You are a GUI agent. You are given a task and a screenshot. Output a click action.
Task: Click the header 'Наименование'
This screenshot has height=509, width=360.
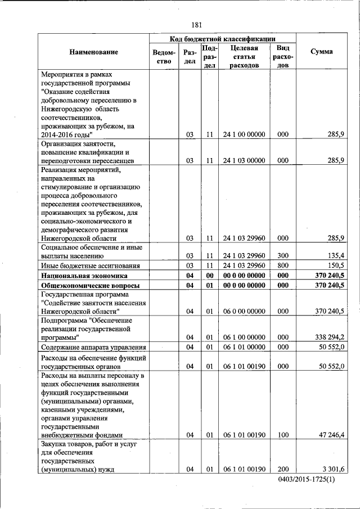click(x=94, y=52)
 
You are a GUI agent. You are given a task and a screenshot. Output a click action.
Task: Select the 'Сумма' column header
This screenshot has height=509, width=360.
click(x=321, y=52)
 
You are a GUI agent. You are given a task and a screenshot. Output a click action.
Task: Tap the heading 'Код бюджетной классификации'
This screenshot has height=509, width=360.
click(x=222, y=39)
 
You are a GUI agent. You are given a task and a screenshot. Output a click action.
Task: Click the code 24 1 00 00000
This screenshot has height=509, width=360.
click(x=244, y=134)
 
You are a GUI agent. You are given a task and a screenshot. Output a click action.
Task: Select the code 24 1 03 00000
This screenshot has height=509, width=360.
click(x=244, y=160)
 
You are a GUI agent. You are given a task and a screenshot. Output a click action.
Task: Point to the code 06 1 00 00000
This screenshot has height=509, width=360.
click(x=244, y=337)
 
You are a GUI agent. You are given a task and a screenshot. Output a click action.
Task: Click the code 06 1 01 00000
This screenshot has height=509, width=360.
click(x=244, y=348)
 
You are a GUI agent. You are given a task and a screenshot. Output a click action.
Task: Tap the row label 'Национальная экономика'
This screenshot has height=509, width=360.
click(x=83, y=276)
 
